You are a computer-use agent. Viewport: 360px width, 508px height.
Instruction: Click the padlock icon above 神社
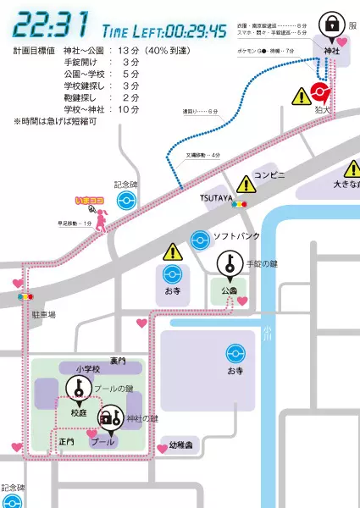(x=332, y=22)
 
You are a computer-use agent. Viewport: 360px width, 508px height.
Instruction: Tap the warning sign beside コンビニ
(x=246, y=183)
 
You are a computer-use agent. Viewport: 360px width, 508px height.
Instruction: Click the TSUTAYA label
(x=216, y=196)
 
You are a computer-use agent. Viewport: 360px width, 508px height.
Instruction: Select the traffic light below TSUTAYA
(x=240, y=204)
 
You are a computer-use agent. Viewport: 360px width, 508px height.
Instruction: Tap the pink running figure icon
(x=101, y=221)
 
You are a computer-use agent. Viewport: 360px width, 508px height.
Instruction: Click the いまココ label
(x=89, y=201)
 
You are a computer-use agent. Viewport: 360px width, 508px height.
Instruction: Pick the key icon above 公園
(x=229, y=264)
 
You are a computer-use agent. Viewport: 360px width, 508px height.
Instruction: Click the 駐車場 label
(x=42, y=314)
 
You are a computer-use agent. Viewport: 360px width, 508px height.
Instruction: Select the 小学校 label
(x=87, y=369)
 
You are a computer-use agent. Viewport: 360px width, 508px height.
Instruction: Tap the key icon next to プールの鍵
(x=77, y=389)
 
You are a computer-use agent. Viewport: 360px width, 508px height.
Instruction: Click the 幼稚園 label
(x=181, y=444)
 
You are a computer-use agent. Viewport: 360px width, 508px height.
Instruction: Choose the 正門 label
(x=67, y=442)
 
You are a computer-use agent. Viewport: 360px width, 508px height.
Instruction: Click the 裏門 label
(x=118, y=361)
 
